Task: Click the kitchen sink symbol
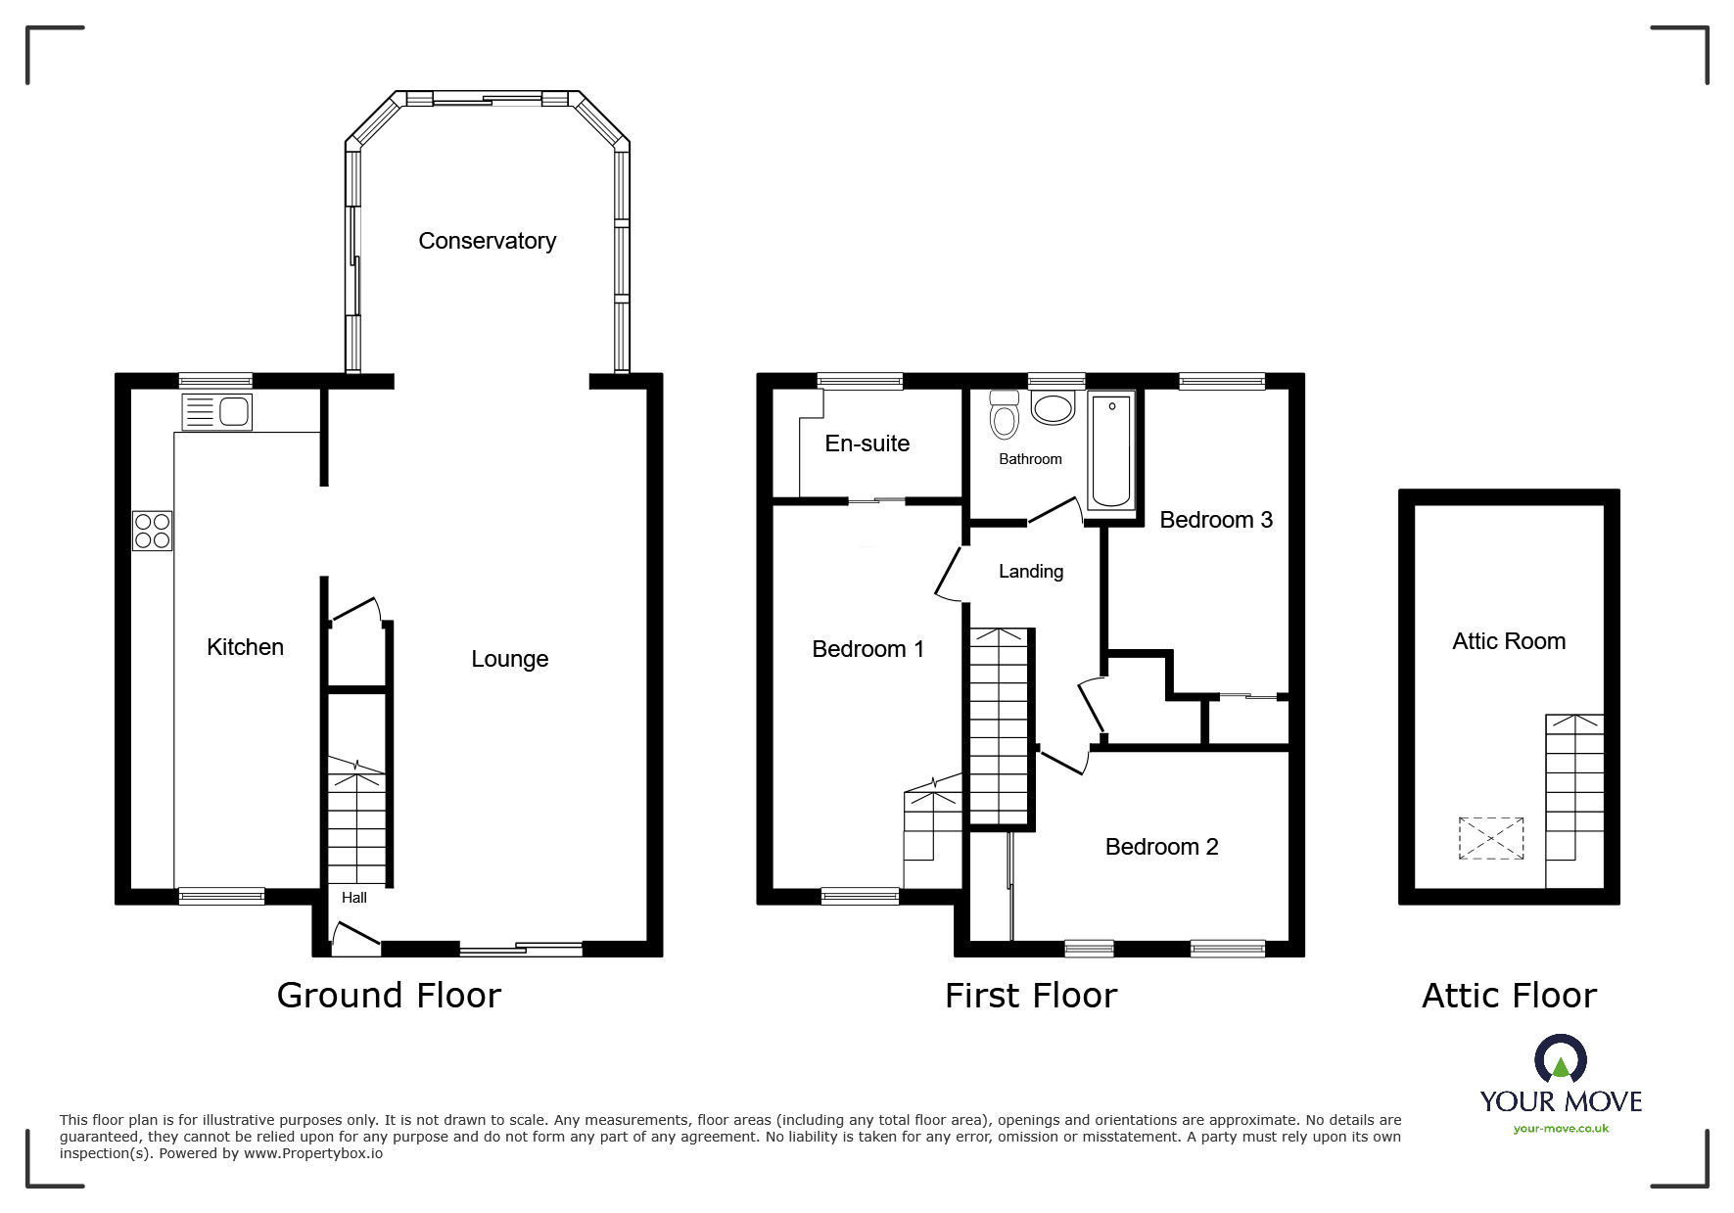coord(217,411)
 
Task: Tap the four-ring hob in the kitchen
coord(153,531)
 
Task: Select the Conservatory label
coord(487,241)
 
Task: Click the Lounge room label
coord(509,659)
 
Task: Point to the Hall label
coord(354,898)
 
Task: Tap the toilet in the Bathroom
coord(1004,416)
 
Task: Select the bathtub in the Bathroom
coord(1111,450)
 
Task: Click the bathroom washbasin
coord(1053,409)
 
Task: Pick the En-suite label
coord(867,443)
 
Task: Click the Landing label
coord(1030,572)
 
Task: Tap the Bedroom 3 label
coord(1215,520)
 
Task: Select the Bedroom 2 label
coord(1161,847)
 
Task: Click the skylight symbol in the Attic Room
coord(1491,838)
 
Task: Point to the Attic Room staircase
coord(1574,783)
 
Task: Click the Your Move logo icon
coord(1560,1058)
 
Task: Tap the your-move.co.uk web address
coord(1561,1129)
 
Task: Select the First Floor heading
coord(1030,996)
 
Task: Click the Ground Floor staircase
coord(356,822)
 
